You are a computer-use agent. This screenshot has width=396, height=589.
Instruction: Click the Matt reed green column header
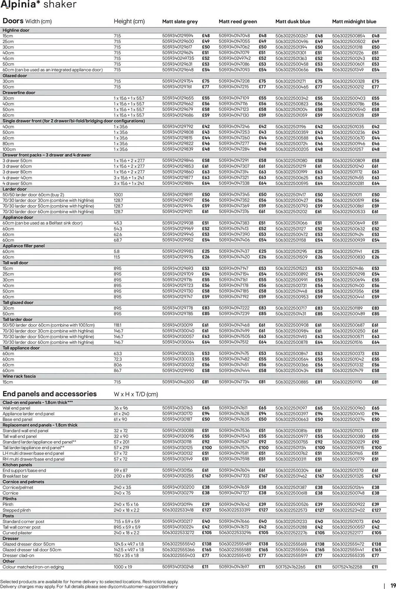238,21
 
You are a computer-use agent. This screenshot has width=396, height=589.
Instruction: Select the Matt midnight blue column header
354,21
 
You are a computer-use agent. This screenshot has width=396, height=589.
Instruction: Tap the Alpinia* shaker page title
38,5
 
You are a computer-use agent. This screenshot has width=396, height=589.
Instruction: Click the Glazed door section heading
15,76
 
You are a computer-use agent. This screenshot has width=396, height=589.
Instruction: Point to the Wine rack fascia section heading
19,376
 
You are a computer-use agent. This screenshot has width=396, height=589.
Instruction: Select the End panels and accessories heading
49,394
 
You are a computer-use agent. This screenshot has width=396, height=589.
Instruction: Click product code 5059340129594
178,36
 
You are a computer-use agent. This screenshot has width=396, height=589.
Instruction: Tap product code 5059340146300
178,382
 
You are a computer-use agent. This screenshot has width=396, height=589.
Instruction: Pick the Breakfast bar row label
15,476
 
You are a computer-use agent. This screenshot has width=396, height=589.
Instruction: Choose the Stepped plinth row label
16,510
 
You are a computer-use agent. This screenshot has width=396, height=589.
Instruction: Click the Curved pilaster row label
17,533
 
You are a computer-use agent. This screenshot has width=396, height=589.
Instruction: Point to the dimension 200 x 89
122,476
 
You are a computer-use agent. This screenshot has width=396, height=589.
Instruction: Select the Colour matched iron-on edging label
33,567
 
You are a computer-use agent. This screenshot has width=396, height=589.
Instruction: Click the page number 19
393,586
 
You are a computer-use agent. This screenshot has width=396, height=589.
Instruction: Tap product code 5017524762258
347,567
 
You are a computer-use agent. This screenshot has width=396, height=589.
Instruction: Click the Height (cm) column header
129,21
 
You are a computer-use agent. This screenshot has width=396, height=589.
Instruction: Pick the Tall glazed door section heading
18,303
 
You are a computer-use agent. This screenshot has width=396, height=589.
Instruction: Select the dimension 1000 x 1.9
123,567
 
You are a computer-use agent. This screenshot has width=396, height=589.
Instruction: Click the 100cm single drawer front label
9,149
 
